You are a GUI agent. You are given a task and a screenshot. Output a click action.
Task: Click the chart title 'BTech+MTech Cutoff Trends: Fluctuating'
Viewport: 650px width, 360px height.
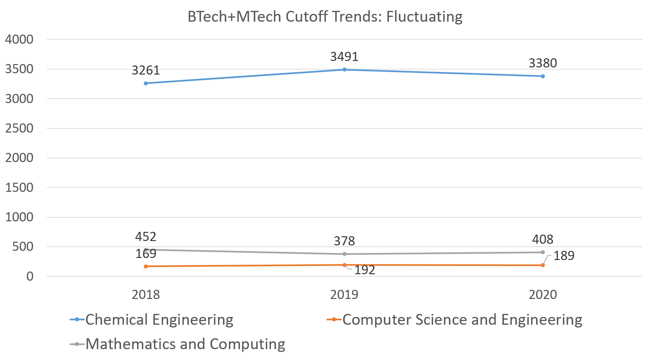[x=325, y=17]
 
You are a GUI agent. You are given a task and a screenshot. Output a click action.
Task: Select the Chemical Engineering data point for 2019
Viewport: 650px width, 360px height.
[x=344, y=69]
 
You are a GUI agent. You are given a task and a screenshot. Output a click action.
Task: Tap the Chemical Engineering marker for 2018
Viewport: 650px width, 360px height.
[x=146, y=83]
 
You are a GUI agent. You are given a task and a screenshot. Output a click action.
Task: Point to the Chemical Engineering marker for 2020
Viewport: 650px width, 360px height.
[x=543, y=76]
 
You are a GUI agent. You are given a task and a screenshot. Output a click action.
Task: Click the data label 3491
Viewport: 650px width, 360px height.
[x=344, y=57]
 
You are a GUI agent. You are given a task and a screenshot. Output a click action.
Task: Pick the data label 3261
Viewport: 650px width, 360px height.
[x=146, y=71]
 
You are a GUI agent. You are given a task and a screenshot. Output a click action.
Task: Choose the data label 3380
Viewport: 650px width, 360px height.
[x=543, y=63]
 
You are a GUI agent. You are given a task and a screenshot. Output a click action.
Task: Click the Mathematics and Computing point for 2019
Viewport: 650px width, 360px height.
[x=344, y=254]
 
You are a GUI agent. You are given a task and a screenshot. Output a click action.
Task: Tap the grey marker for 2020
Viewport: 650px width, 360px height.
[x=543, y=252]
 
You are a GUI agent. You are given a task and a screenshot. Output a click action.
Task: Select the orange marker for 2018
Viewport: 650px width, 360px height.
[x=146, y=266]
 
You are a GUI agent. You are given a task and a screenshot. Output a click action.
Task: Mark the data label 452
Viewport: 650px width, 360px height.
[x=146, y=237]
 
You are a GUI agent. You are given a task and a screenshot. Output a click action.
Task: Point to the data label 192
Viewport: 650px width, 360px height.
[x=365, y=270]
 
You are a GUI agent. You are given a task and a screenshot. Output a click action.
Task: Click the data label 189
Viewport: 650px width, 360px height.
[x=564, y=256]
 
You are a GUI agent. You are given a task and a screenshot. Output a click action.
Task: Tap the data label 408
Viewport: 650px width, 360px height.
[x=543, y=239]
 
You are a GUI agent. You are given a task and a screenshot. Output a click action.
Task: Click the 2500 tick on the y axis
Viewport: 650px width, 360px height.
[x=19, y=128]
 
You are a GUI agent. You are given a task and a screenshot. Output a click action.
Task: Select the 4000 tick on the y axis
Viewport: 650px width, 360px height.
[x=19, y=39]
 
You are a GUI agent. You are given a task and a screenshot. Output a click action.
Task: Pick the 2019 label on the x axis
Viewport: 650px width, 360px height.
[x=344, y=295]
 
